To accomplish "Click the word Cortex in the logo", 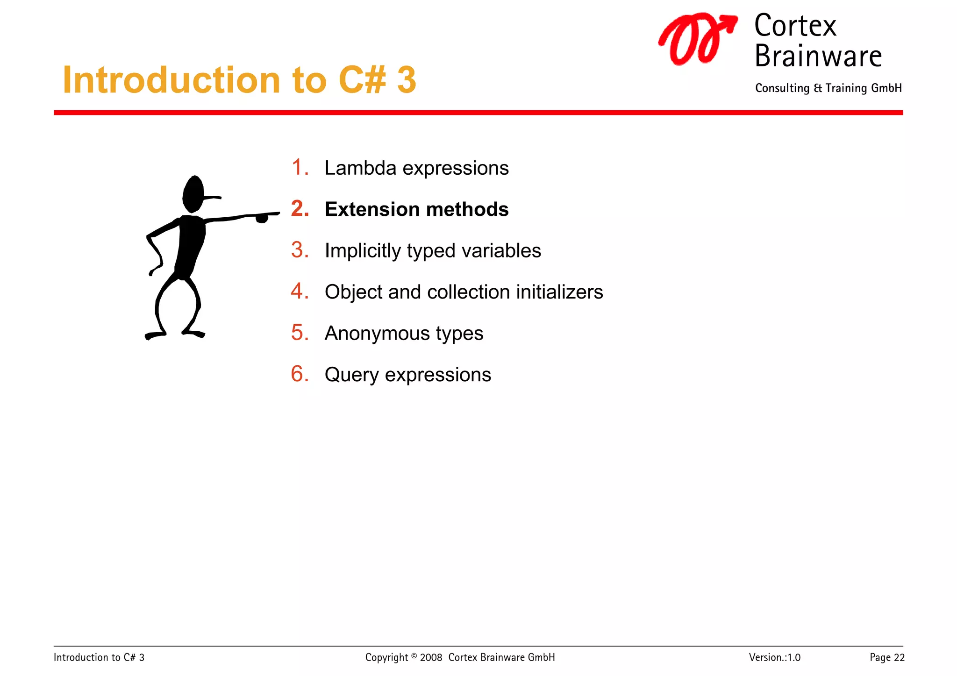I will click(795, 26).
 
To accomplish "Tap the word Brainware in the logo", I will click(818, 56).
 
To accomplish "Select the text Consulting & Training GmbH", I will click(828, 88).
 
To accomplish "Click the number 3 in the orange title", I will click(406, 80).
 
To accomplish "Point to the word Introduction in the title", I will click(171, 80).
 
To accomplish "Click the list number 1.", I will click(300, 167).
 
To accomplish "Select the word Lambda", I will click(360, 168).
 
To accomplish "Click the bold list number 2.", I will click(300, 209).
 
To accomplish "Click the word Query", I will click(351, 375).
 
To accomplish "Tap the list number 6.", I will click(300, 374).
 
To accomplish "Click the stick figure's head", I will click(193, 194).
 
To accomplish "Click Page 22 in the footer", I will click(886, 657).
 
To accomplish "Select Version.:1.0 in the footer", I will click(774, 657).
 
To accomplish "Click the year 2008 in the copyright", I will click(431, 657).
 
